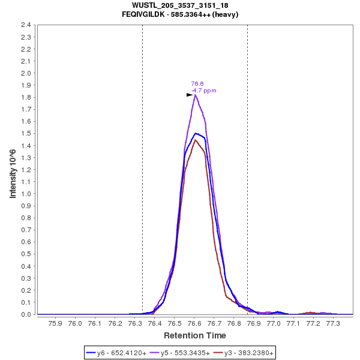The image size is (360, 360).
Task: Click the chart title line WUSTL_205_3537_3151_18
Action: pyautogui.click(x=180, y=5)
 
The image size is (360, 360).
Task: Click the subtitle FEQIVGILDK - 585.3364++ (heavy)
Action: pyautogui.click(x=180, y=14)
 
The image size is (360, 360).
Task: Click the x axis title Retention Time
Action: pyautogui.click(x=195, y=335)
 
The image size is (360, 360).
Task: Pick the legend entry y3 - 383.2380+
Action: pyautogui.click(x=248, y=353)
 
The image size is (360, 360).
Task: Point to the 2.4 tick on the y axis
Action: pyautogui.click(x=26, y=25)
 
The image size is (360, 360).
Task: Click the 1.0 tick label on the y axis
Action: pyautogui.click(x=26, y=194)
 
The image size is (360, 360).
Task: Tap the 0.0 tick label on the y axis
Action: pyautogui.click(x=26, y=314)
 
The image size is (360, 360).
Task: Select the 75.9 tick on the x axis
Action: pyautogui.click(x=55, y=323)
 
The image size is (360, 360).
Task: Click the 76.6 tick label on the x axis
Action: pyautogui.click(x=194, y=323)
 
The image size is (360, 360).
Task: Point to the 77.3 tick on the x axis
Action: pyautogui.click(x=333, y=323)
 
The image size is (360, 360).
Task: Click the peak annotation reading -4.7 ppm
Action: pyautogui.click(x=203, y=91)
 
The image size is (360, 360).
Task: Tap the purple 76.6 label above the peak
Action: pyautogui.click(x=197, y=84)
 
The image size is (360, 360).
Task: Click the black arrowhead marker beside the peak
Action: pyautogui.click(x=190, y=95)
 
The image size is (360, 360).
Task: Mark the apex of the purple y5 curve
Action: pyautogui.click(x=195, y=95)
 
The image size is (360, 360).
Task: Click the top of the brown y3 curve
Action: pyautogui.click(x=195, y=140)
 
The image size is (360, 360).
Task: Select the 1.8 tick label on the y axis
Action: pyautogui.click(x=26, y=97)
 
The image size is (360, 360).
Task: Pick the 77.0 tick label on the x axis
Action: pyautogui.click(x=274, y=323)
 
